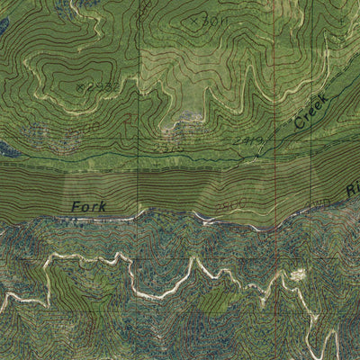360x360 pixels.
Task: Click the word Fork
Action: tap(89, 207)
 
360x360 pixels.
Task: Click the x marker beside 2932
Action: tap(80, 85)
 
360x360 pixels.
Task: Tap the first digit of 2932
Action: tap(91, 87)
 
